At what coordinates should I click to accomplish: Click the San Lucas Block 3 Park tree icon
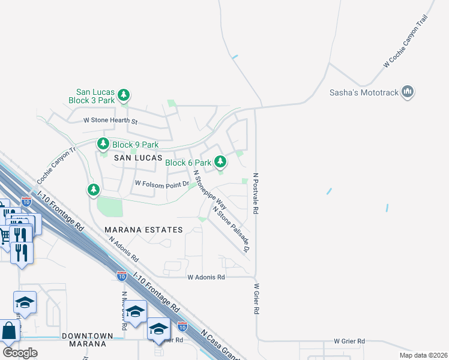(123, 95)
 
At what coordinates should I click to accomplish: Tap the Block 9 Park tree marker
(103, 144)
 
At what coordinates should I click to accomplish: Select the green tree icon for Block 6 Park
(220, 161)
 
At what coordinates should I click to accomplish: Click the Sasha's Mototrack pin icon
(408, 92)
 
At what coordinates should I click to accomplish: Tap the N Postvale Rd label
(255, 194)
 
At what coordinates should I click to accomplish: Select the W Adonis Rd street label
(206, 277)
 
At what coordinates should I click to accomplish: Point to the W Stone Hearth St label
(110, 122)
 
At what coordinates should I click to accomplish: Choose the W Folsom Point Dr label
(161, 184)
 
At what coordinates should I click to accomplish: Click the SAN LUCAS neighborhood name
(138, 157)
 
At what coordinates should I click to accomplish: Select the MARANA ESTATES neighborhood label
(143, 230)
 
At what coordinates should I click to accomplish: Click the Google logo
(20, 353)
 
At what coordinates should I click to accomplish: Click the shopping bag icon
(9, 331)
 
